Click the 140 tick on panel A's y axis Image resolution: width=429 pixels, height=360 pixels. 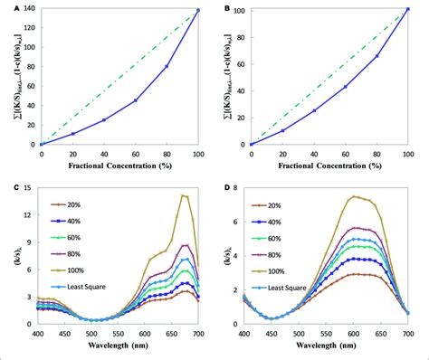click(x=29, y=9)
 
